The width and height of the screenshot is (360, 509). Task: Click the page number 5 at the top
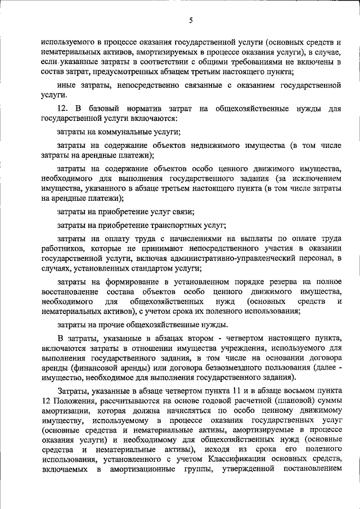click(x=191, y=21)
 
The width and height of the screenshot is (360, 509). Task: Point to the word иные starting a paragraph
click(x=66, y=85)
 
